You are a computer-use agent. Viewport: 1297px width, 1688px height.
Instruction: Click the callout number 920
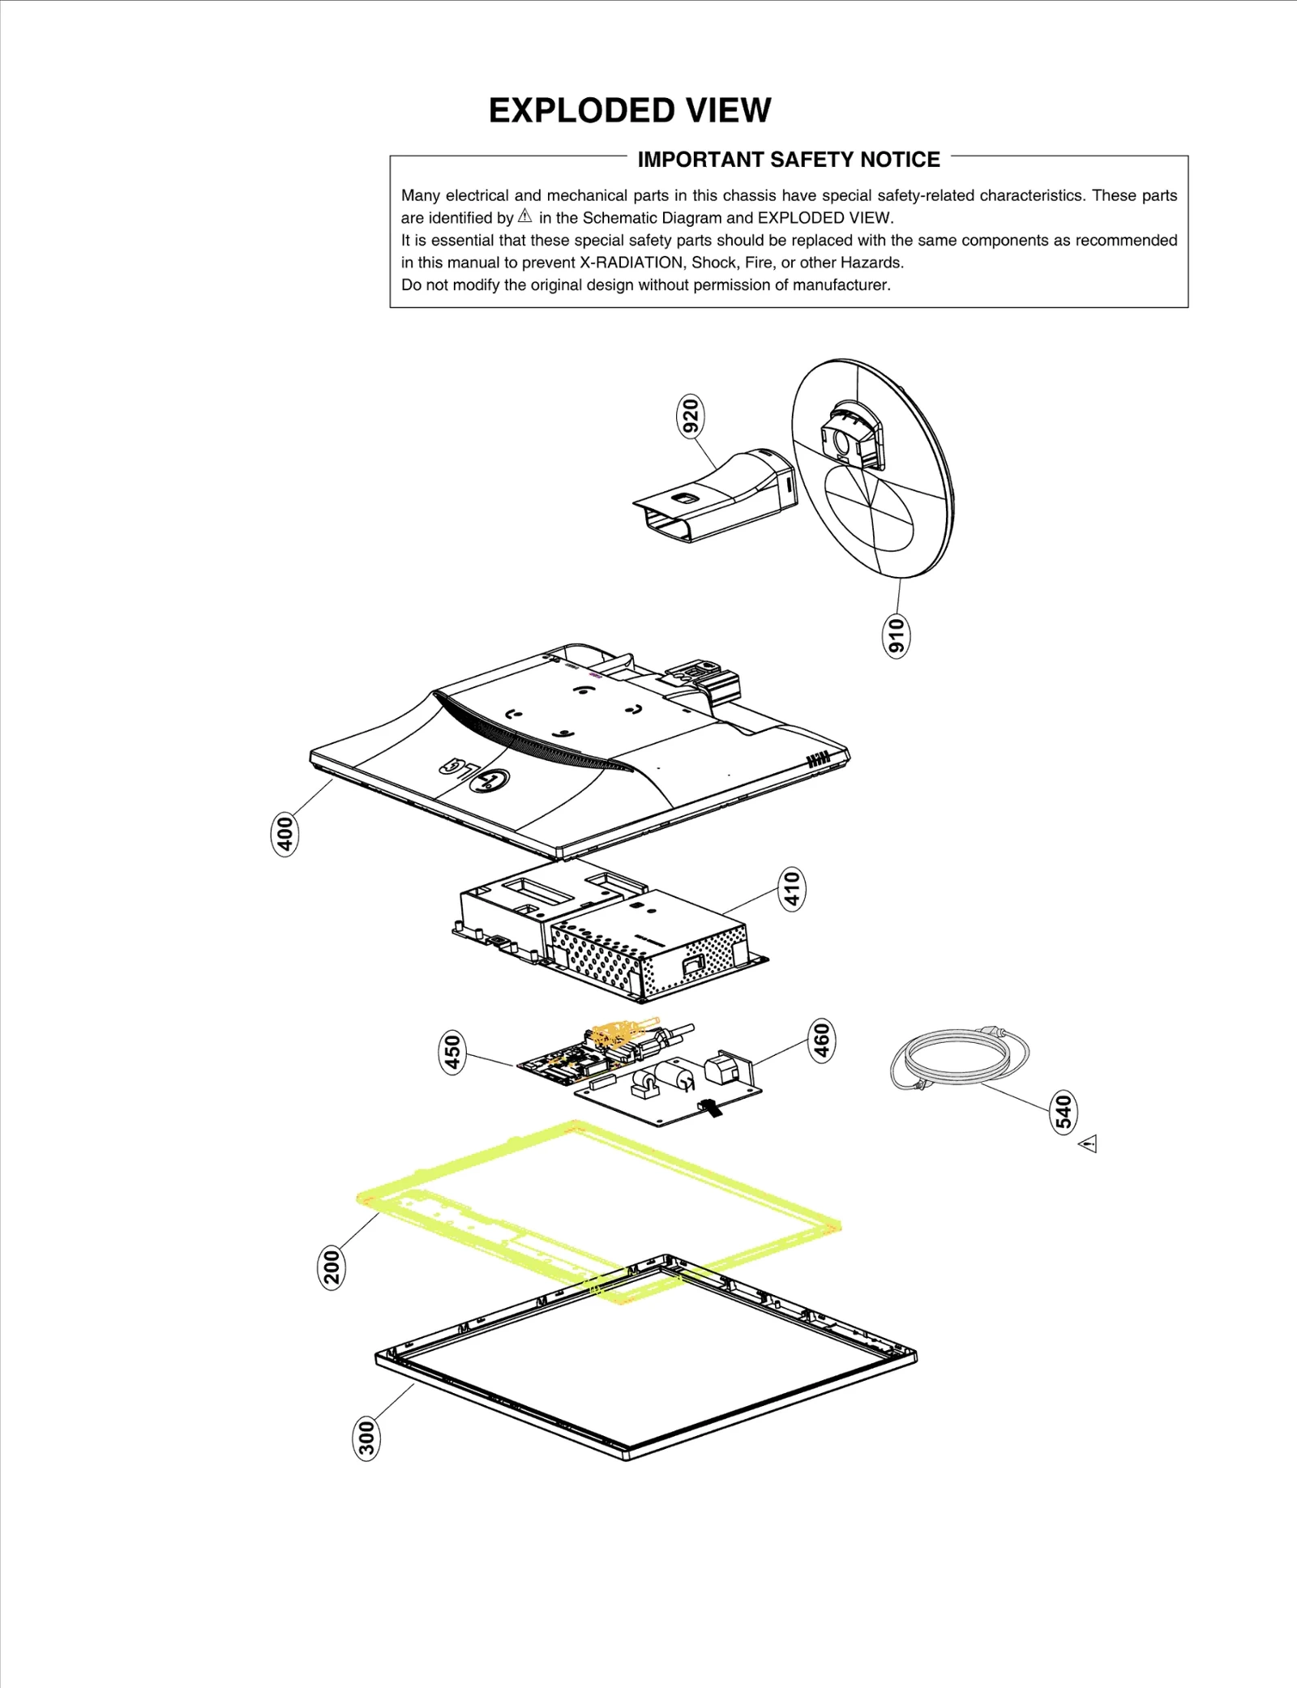point(690,417)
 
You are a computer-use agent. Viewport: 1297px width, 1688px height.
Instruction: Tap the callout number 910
point(895,636)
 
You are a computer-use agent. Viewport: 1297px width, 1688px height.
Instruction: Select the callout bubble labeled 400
point(284,834)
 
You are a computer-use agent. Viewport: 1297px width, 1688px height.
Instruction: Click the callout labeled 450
point(452,1052)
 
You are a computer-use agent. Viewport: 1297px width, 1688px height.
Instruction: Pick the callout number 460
point(821,1041)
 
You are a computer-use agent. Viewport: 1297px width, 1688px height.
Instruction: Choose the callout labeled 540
point(1064,1111)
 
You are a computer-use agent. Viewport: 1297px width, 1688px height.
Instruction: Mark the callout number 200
point(331,1267)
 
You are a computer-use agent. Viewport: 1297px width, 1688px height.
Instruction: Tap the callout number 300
point(366,1438)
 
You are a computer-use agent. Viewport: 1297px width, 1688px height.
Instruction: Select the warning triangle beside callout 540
point(1089,1144)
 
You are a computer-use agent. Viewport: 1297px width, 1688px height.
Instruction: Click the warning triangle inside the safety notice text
point(525,216)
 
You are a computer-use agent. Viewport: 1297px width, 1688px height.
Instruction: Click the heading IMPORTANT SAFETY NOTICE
point(788,160)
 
